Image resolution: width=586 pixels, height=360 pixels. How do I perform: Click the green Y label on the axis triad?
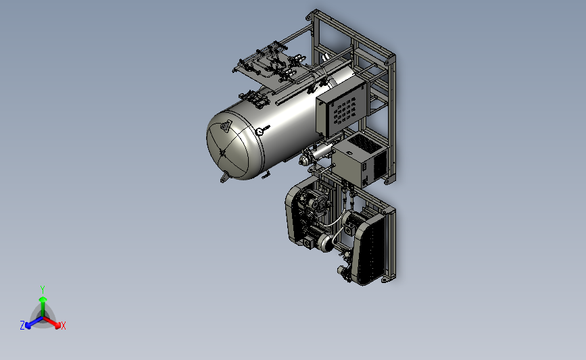pos(42,290)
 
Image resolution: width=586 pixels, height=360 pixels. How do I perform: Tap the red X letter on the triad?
pos(63,326)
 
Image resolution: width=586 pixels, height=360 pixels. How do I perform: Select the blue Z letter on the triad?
pos(22,326)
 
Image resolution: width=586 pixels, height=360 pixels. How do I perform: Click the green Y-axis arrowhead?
pos(43,299)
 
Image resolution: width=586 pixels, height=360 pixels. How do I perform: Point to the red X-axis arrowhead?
pos(57,326)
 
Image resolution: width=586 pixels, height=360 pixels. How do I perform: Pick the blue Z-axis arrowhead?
pos(28,326)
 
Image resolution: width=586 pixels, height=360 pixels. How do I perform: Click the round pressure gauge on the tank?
pos(260,132)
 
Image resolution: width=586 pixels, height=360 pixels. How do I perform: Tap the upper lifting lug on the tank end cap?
pos(224,126)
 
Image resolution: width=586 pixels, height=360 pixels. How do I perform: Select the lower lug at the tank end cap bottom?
pos(224,178)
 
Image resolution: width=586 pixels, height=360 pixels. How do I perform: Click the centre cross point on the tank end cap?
pos(223,153)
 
